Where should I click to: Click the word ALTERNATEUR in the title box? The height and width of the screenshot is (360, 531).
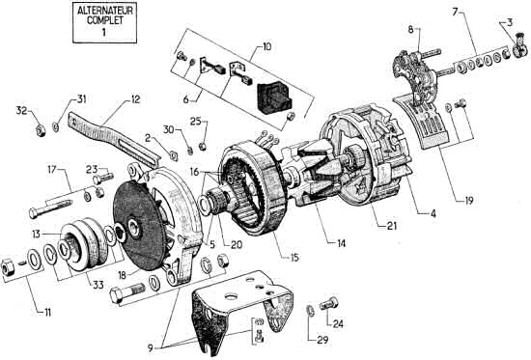pyautogui.click(x=104, y=11)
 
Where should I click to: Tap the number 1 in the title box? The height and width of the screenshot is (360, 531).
pyautogui.click(x=103, y=32)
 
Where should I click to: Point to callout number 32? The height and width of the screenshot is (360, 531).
pyautogui.click(x=21, y=110)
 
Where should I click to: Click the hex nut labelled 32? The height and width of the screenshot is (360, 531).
pyautogui.click(x=42, y=129)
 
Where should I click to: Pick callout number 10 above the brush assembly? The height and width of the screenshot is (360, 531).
pyautogui.click(x=266, y=46)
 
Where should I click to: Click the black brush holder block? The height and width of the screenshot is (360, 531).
pyautogui.click(x=274, y=96)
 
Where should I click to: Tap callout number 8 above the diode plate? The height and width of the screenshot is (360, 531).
pyautogui.click(x=410, y=30)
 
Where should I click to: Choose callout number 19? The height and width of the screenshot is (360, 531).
pyautogui.click(x=468, y=201)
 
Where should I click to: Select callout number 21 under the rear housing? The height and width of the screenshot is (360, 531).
pyautogui.click(x=391, y=226)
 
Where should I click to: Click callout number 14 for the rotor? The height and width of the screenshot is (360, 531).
pyautogui.click(x=341, y=243)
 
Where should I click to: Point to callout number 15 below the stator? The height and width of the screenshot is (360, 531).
pyautogui.click(x=294, y=258)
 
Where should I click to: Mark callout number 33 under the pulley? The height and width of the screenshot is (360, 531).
pyautogui.click(x=98, y=285)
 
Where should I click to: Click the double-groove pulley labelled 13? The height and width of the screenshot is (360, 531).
pyautogui.click(x=80, y=243)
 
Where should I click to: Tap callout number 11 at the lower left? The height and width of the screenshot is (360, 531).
pyautogui.click(x=47, y=313)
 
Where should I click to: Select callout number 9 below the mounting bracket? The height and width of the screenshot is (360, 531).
pyautogui.click(x=151, y=348)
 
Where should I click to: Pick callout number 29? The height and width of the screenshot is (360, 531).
pyautogui.click(x=322, y=340)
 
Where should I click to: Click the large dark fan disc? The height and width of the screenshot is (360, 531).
pyautogui.click(x=140, y=230)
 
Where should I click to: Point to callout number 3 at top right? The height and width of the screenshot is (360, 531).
pyautogui.click(x=510, y=23)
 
